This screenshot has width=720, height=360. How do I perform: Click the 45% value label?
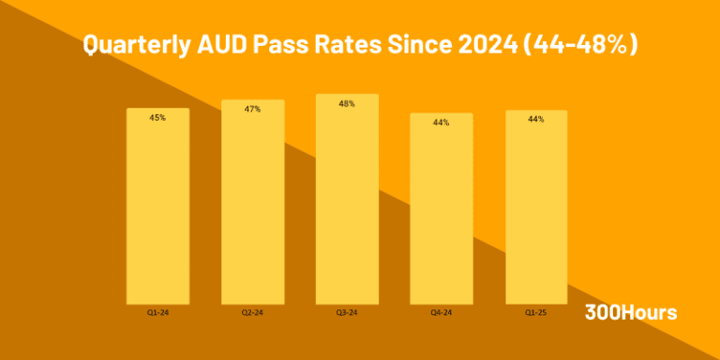[157, 118]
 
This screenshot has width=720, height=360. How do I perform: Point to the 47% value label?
[252, 109]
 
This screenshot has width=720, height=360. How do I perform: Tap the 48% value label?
[347, 104]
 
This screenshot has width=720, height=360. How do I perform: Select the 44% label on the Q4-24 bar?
[441, 123]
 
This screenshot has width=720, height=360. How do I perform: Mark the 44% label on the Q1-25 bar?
[536, 119]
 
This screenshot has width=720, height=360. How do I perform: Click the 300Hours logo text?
[630, 312]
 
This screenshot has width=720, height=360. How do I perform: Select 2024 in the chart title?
[480, 45]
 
